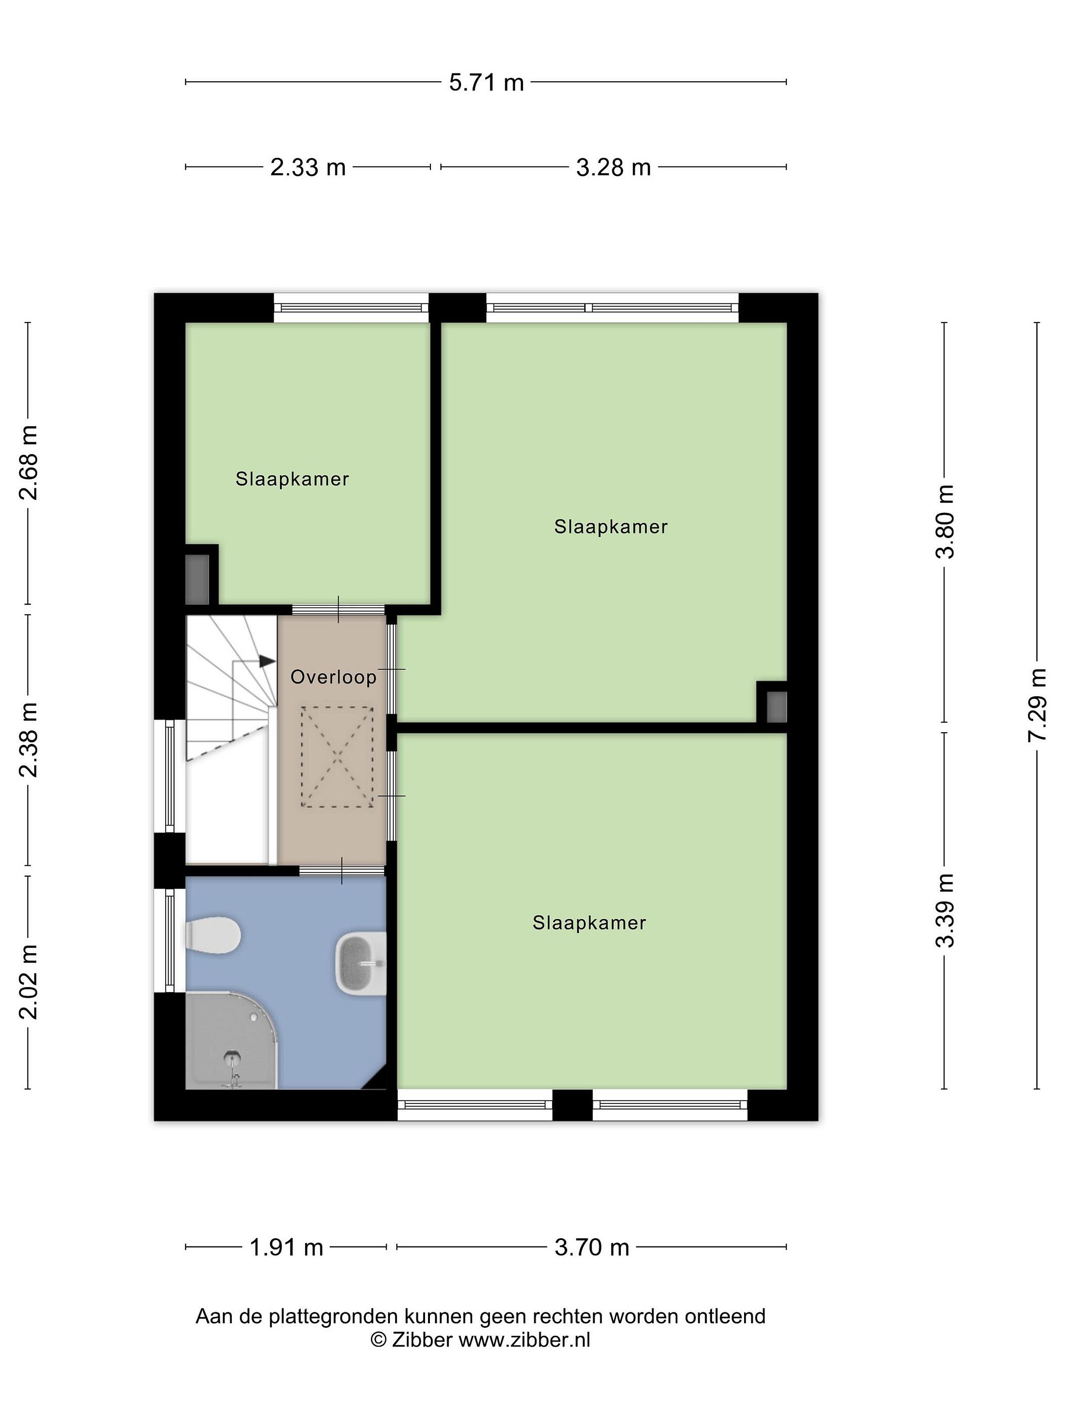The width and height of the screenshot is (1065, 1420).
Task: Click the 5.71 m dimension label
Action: (486, 83)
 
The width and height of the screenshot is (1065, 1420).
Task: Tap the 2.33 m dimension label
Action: (308, 168)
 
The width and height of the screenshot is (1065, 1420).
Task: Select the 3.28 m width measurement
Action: (613, 168)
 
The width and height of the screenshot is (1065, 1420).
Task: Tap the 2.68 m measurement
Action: (28, 462)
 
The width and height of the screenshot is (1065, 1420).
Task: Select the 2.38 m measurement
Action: (28, 740)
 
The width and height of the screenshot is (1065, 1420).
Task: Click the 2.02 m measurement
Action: (28, 982)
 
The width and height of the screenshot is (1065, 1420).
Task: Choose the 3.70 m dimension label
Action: (591, 1247)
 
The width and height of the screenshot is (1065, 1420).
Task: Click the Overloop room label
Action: (333, 677)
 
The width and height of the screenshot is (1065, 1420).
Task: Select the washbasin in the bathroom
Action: (361, 964)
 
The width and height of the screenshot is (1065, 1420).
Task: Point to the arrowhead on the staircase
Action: (267, 661)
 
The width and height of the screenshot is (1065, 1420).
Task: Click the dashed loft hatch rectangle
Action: (337, 757)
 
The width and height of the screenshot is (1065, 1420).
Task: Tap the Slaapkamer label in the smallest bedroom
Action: (292, 479)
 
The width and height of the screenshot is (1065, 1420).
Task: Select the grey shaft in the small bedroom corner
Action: (197, 579)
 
